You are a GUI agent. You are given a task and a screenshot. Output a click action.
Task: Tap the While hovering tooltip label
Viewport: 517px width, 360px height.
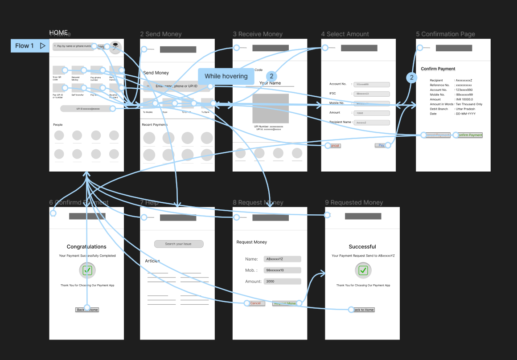226,76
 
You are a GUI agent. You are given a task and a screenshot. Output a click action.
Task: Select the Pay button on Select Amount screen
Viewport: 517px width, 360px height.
381,145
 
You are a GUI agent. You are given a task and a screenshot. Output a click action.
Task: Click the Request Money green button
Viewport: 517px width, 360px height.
285,303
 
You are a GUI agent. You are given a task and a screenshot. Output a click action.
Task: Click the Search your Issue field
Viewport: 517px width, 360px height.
179,244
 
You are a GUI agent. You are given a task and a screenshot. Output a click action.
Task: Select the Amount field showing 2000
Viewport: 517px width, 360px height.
282,282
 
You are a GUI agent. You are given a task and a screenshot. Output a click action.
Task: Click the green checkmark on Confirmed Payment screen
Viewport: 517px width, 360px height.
87,270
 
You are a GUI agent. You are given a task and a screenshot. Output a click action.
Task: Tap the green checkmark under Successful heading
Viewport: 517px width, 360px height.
363,270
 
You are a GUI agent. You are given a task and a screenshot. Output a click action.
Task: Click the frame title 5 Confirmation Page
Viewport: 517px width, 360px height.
445,34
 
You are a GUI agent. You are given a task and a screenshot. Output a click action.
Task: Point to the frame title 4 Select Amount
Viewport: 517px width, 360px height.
345,34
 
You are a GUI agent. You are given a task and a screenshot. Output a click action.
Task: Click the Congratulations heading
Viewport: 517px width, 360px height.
86,246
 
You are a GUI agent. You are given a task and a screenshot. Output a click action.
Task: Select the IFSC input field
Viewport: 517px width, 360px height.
372,94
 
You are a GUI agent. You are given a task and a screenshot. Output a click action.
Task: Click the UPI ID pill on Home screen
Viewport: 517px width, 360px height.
87,108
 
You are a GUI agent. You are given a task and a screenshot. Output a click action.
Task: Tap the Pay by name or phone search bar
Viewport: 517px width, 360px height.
74,46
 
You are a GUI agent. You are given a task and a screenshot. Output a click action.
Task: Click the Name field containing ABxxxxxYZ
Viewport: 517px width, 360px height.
282,259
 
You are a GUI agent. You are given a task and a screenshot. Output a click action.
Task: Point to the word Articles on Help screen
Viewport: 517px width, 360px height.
152,261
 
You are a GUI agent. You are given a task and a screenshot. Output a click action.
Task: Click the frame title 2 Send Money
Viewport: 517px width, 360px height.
160,34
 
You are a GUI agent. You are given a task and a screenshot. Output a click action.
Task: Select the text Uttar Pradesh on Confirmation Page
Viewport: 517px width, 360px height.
465,109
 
